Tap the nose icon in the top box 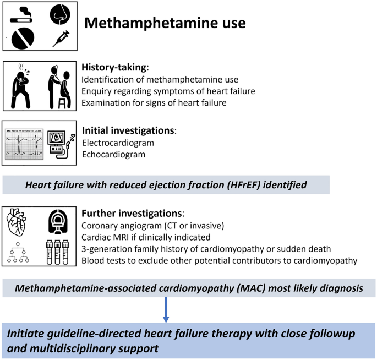coord(61,15)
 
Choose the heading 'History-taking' coord(114,67)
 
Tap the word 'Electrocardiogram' coord(117,143)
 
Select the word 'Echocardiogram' coord(114,155)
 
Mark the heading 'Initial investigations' coord(128,131)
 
